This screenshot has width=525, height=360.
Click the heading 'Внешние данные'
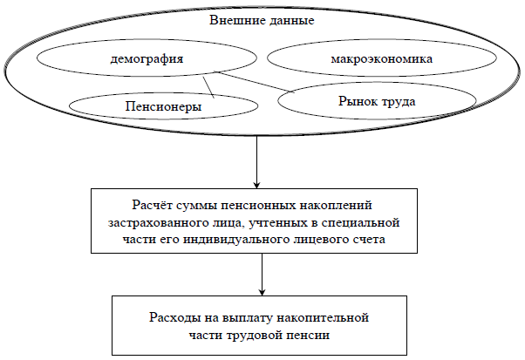tap(261, 18)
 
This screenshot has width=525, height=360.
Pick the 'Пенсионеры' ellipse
tap(157, 106)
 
